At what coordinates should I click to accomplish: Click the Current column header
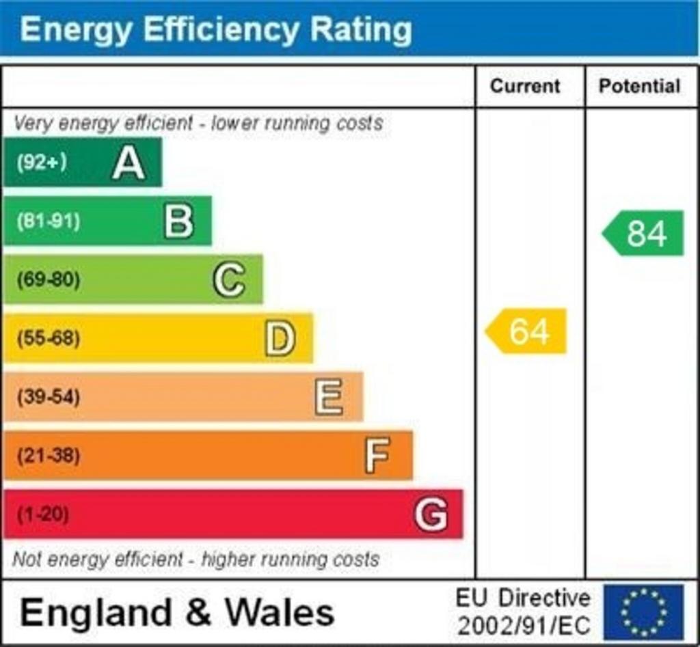pyautogui.click(x=525, y=86)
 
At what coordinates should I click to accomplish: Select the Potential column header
pyautogui.click(x=639, y=86)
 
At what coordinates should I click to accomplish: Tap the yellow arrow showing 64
pyautogui.click(x=526, y=331)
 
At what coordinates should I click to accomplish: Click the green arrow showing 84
pyautogui.click(x=643, y=233)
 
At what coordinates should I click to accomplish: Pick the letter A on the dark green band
pyautogui.click(x=129, y=163)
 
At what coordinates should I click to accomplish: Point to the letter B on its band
pyautogui.click(x=179, y=221)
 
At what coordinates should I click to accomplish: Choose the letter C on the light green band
pyautogui.click(x=229, y=279)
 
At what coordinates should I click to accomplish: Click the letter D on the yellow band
pyautogui.click(x=280, y=338)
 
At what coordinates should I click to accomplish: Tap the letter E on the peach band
pyautogui.click(x=329, y=397)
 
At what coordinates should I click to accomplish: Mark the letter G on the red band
pyautogui.click(x=431, y=514)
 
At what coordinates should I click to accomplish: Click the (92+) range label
pyautogui.click(x=42, y=163)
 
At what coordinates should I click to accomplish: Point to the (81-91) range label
pyautogui.click(x=48, y=221)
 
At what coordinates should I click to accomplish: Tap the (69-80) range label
pyautogui.click(x=48, y=279)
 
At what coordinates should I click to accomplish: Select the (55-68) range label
pyautogui.click(x=48, y=338)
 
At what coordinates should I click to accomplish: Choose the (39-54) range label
pyautogui.click(x=48, y=397)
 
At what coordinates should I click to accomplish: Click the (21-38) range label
pyautogui.click(x=48, y=456)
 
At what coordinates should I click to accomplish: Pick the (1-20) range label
pyautogui.click(x=42, y=514)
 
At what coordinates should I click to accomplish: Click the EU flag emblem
pyautogui.click(x=643, y=611)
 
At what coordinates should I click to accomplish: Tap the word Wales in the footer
pyautogui.click(x=280, y=611)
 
